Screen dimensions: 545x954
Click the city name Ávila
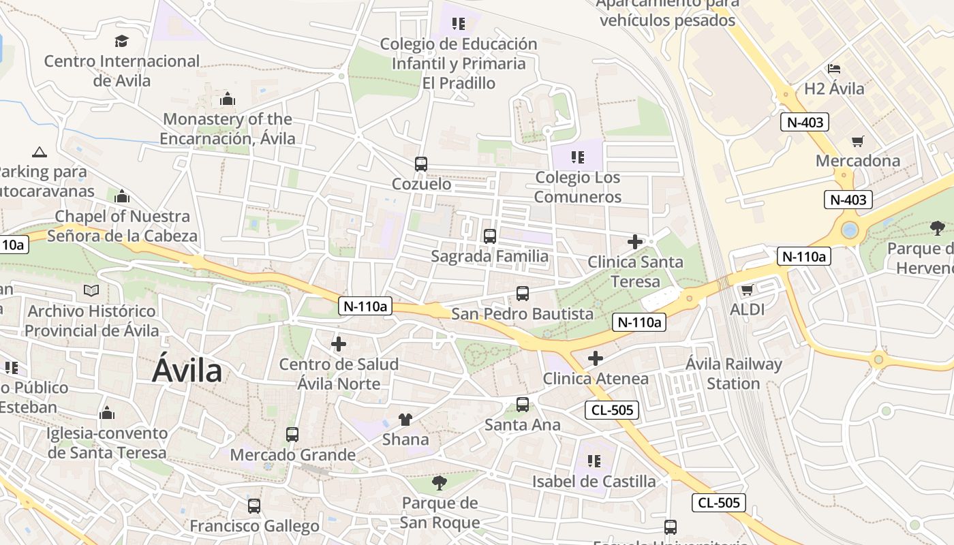click(x=187, y=371)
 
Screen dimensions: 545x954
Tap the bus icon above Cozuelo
click(x=421, y=163)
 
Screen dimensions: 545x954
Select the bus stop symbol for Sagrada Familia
click(x=489, y=236)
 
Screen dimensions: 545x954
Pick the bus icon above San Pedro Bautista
click(x=523, y=294)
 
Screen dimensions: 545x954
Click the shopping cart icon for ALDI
click(x=747, y=290)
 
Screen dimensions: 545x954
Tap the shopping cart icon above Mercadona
click(x=857, y=141)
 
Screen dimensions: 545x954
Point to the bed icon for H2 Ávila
click(x=833, y=69)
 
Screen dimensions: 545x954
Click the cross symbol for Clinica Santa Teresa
click(x=635, y=242)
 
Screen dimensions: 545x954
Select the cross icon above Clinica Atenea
click(x=596, y=358)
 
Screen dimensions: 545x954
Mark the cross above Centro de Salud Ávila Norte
click(x=339, y=344)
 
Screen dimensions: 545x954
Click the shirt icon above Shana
click(x=405, y=419)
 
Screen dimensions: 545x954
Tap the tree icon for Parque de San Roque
click(x=440, y=483)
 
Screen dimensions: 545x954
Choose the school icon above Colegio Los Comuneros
click(x=578, y=158)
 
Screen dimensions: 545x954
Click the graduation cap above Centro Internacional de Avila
click(x=121, y=41)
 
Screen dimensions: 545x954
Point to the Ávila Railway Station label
click(x=733, y=373)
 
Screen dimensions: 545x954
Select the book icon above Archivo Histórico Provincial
click(x=91, y=291)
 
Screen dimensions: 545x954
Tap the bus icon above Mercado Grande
click(x=292, y=434)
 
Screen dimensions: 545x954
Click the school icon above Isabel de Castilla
click(x=594, y=461)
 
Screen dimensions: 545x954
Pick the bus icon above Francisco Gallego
click(x=254, y=506)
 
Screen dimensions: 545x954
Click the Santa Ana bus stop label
click(x=523, y=424)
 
